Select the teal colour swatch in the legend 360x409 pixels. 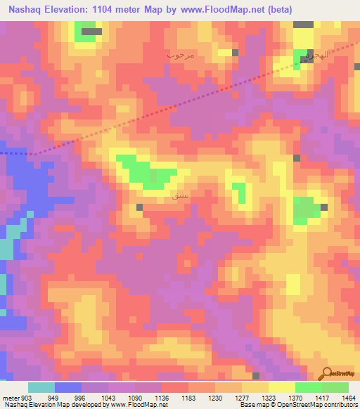[x=41, y=387]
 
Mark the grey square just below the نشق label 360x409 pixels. [x=140, y=207]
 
